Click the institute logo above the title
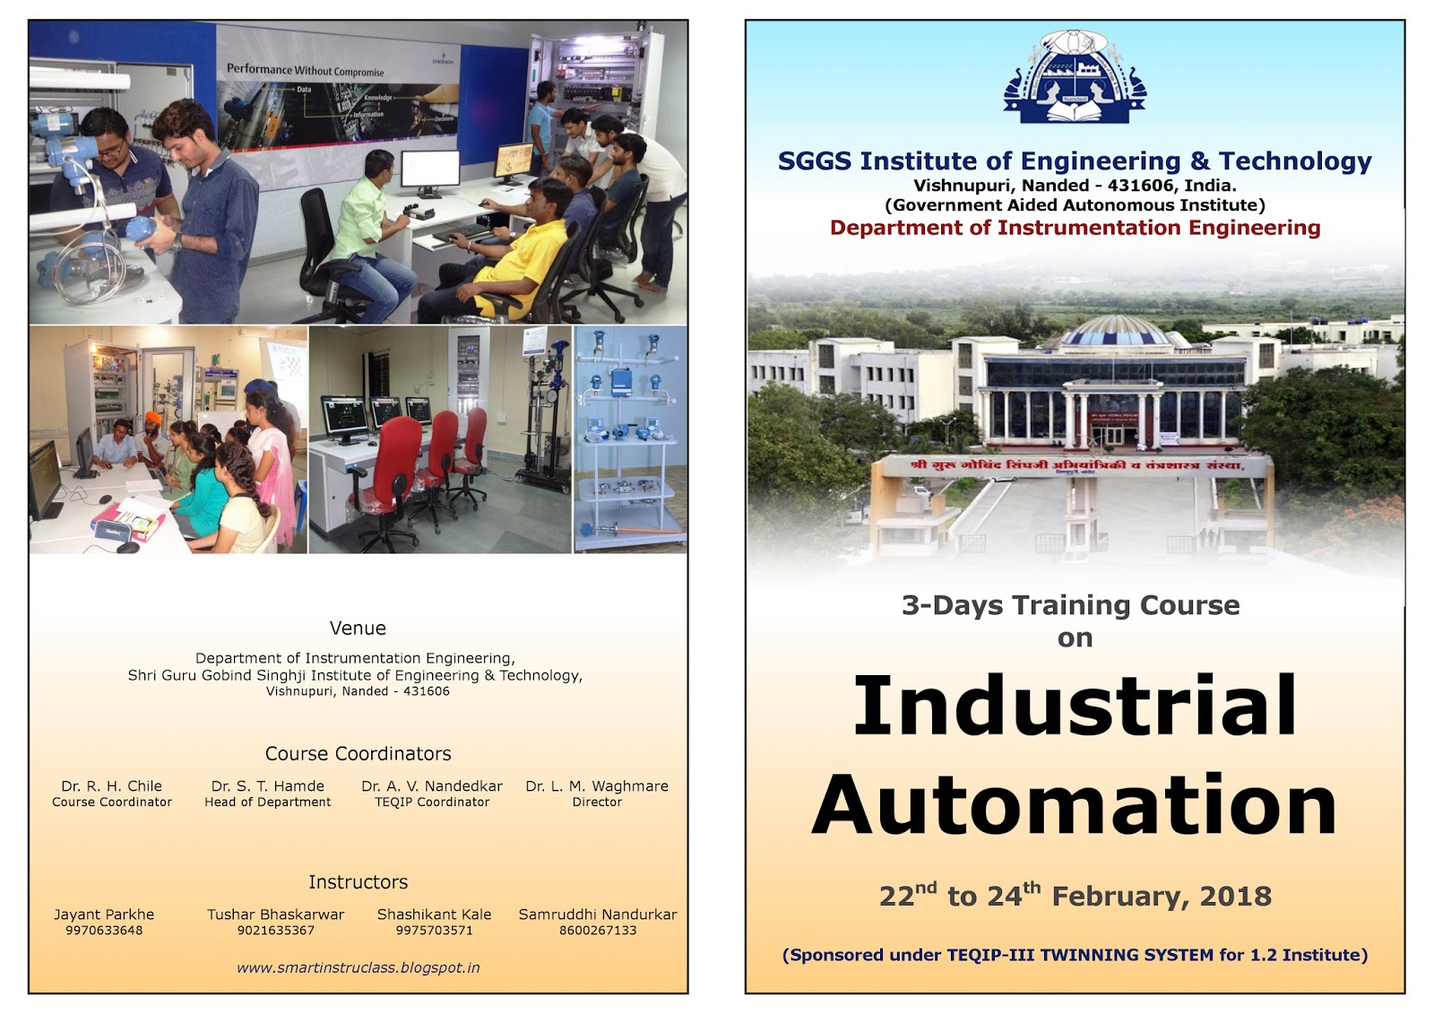tap(1075, 77)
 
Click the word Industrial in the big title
tap(1075, 706)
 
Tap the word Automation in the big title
tap(1075, 805)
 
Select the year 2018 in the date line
tap(1235, 896)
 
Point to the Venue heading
tap(358, 628)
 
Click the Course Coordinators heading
tap(358, 754)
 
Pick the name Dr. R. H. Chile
tap(112, 786)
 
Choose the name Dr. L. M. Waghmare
tap(597, 786)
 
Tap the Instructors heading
tap(358, 882)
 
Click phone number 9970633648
tap(104, 931)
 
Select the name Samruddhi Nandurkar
tap(598, 914)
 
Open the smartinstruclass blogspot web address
tap(358, 968)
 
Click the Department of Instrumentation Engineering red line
tap(1075, 228)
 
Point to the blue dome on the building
tap(1115, 333)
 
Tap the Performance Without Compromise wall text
tap(305, 70)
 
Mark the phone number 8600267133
tap(598, 931)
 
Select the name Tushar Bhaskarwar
tap(275, 914)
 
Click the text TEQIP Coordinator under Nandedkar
tap(432, 802)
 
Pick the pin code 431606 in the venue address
tap(427, 691)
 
